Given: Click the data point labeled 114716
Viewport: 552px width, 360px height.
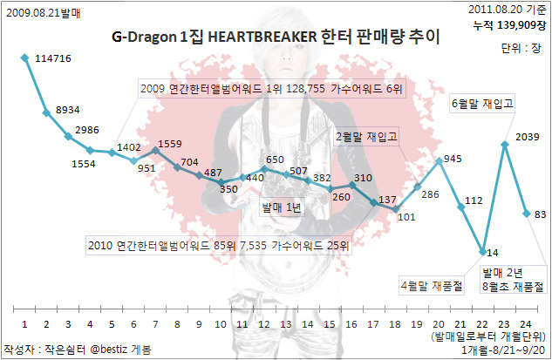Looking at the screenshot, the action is [x=24, y=58].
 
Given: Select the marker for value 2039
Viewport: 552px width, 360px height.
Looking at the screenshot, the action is [x=505, y=145].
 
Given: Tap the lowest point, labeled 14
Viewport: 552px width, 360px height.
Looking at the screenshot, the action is [x=483, y=252].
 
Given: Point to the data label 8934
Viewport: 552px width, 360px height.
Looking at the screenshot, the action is [x=68, y=110].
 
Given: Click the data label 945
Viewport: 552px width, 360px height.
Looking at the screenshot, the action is [x=453, y=159].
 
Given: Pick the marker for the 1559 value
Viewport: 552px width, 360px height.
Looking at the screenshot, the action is [x=155, y=151].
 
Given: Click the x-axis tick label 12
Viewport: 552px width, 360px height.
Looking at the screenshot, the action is [x=264, y=324].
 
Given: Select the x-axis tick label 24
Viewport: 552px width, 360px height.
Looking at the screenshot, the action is [x=526, y=324].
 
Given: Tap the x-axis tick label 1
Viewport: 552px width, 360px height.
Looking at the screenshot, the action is [x=24, y=324].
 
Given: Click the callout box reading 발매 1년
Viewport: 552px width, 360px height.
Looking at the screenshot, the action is [x=282, y=207].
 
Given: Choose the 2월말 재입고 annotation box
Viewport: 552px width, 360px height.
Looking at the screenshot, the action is [x=366, y=137].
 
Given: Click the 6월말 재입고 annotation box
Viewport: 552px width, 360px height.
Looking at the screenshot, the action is [x=482, y=104].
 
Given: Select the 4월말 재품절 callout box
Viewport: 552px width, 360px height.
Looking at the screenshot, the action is [x=432, y=285].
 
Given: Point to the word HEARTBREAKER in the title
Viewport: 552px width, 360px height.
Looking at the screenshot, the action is [x=262, y=37].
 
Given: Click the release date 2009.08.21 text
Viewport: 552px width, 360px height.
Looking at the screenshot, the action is [x=33, y=13].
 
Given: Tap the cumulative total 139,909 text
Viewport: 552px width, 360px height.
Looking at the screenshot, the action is [x=516, y=25].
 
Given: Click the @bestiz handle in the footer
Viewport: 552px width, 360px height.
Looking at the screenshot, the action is [x=108, y=349].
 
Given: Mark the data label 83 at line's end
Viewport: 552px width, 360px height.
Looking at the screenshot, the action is [x=540, y=214].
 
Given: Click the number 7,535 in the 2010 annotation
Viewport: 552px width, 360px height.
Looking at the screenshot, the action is [x=253, y=245].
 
